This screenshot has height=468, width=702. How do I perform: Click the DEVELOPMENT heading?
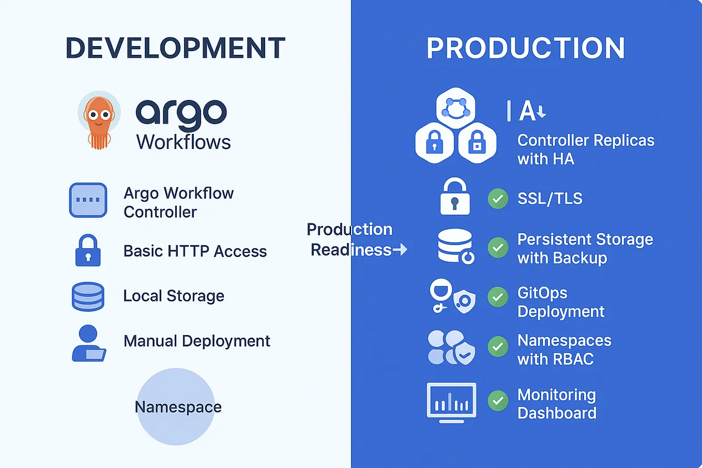175,48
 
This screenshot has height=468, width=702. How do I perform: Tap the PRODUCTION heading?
525,48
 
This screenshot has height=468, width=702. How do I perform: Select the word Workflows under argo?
184,142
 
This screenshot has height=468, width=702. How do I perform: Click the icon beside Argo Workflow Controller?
88,200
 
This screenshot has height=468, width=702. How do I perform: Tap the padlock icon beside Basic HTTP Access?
88,251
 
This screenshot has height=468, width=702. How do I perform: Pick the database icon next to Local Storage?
88,296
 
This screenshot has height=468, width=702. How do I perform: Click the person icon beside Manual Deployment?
88,343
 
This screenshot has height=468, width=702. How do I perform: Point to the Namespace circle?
176,406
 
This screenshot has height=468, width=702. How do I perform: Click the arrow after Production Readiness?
400,250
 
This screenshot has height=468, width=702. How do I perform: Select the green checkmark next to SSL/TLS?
498,199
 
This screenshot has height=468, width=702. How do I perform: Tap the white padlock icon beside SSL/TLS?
455,197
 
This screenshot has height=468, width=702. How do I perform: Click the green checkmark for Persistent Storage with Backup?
498,248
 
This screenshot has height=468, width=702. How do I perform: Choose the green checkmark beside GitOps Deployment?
498,297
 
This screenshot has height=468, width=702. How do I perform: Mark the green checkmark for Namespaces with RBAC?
498,346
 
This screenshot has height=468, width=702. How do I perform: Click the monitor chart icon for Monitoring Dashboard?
451,402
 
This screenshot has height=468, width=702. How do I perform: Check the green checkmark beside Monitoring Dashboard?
498,401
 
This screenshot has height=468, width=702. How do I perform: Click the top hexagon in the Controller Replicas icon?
455,107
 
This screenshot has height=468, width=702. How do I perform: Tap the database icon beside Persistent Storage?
455,246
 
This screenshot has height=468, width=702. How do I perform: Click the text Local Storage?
174,296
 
